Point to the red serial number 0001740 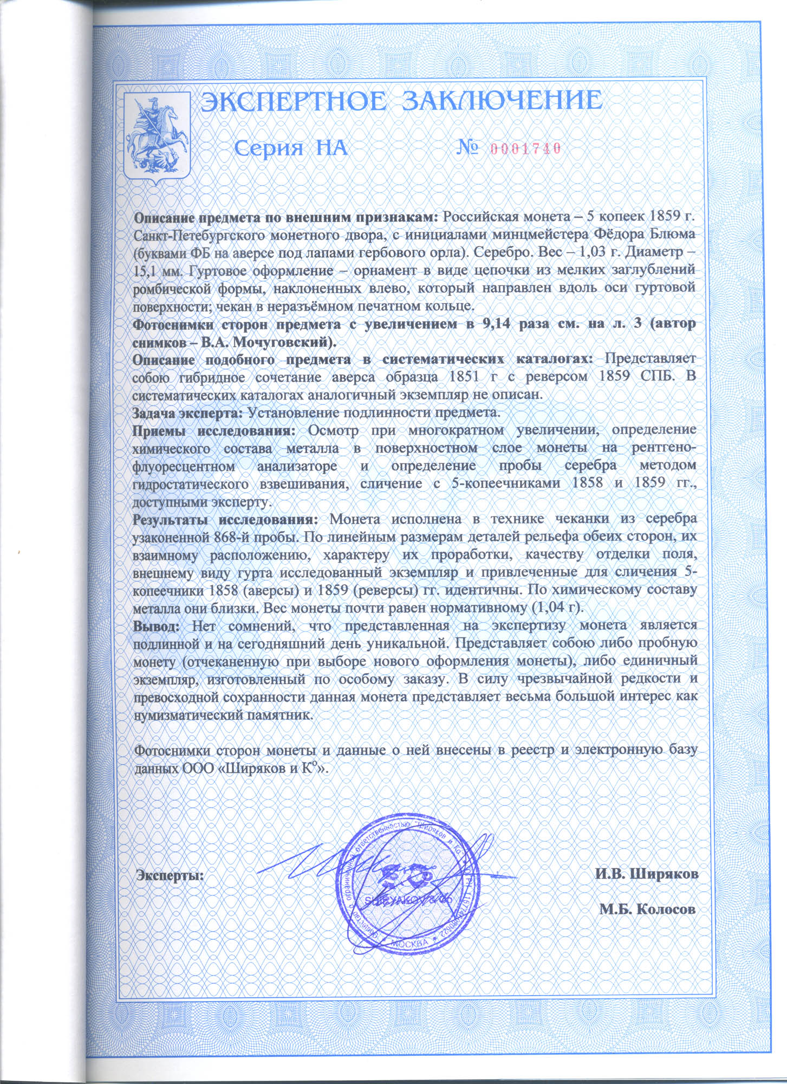point(525,149)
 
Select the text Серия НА point(291,148)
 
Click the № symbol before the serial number point(469,147)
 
